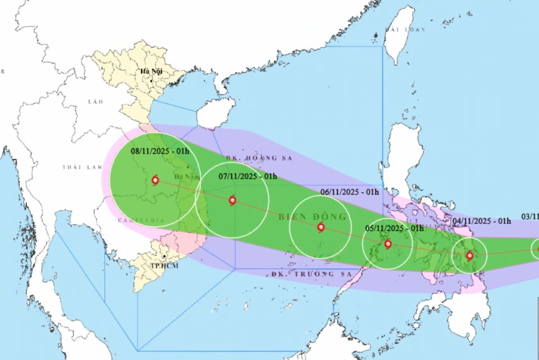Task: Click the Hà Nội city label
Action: point(151,71)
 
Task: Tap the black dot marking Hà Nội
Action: point(151,81)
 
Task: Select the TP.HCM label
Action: point(164,266)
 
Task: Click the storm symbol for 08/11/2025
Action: point(155,180)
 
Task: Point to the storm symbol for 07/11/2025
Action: point(232,200)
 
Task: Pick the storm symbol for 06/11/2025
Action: point(321,227)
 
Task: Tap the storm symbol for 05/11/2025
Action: point(388,244)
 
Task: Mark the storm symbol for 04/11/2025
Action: point(470,255)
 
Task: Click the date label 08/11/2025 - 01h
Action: point(160,151)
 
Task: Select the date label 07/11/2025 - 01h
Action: point(248,176)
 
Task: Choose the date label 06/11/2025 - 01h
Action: point(350,192)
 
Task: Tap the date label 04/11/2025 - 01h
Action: point(482,221)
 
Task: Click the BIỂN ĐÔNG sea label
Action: point(312,217)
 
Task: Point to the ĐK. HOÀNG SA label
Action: point(259,158)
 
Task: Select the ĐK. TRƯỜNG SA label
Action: point(312,274)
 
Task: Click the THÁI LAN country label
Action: point(82,167)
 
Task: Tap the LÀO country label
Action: point(96,102)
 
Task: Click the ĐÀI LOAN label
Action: point(405,29)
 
